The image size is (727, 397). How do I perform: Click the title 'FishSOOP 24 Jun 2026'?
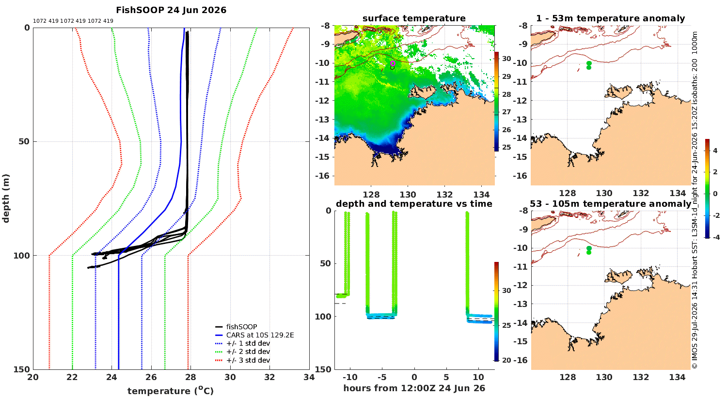tap(171, 10)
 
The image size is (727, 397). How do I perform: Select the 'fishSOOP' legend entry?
tap(236, 327)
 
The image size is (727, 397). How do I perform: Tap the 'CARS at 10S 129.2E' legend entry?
tap(254, 335)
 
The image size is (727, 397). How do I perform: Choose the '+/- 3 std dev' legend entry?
tap(242, 360)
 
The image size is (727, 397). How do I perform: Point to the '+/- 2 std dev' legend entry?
tap(242, 351)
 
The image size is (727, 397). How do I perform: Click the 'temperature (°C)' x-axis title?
tap(171, 391)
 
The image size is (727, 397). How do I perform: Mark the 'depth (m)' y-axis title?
tap(6, 198)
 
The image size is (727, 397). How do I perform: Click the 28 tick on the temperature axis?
tap(191, 377)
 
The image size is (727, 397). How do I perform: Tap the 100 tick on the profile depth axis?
tap(21, 256)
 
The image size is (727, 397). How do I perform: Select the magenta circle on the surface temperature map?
tap(393, 63)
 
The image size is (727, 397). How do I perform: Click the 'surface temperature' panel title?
tap(414, 18)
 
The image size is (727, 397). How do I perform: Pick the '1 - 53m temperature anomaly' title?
tap(611, 18)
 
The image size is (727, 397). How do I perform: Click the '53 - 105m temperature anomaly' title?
tap(611, 204)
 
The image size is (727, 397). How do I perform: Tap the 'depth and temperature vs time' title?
tap(414, 204)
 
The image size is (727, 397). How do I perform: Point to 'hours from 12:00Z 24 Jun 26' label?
tap(414, 388)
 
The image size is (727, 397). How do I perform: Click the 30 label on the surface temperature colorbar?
tap(506, 59)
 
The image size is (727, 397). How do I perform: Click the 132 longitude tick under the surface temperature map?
tap(444, 195)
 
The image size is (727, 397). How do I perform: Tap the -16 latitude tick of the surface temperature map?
tap(322, 176)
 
